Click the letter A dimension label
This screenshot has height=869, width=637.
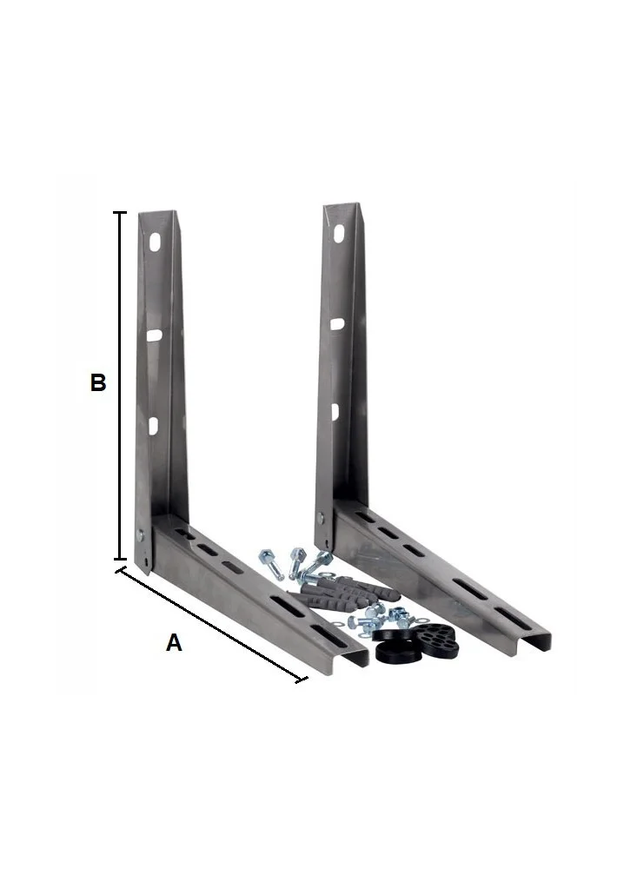point(174,643)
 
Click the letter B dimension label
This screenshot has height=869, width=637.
point(98,382)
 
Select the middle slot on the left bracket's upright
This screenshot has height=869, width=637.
point(155,334)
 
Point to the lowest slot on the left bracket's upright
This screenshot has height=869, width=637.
point(154,425)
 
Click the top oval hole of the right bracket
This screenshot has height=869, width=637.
point(339,234)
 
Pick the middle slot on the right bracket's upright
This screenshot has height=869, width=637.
point(337,323)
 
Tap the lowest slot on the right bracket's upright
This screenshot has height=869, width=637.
point(335,411)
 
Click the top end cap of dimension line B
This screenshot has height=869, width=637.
point(120,212)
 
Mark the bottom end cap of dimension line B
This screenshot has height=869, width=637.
point(120,560)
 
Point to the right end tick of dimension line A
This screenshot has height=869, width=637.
point(302,679)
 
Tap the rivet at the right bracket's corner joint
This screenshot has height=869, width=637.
point(320,518)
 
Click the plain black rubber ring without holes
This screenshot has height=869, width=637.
point(395,647)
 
